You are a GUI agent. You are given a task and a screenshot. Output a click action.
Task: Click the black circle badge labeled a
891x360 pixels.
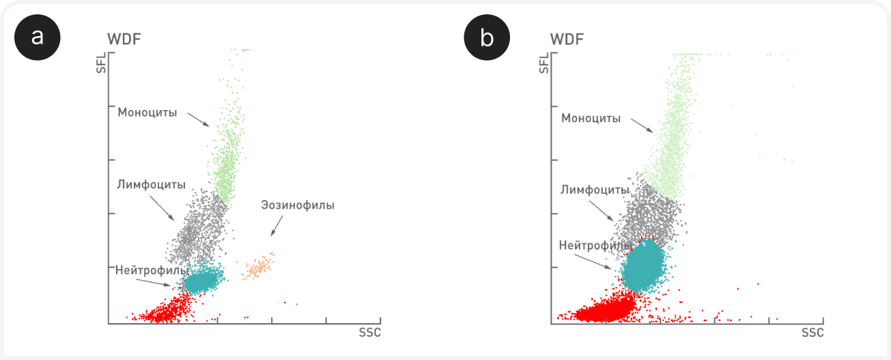[x=38, y=38]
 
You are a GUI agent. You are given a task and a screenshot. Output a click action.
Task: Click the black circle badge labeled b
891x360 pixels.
[x=487, y=38]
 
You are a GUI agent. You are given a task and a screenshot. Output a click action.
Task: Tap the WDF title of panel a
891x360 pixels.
[x=124, y=40]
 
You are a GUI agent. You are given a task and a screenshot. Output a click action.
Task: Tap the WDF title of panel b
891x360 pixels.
[x=567, y=40]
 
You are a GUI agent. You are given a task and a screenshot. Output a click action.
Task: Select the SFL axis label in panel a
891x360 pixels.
[x=102, y=63]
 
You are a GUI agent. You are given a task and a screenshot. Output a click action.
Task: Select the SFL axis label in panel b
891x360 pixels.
[x=543, y=63]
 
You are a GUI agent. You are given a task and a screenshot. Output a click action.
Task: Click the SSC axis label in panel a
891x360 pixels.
[x=370, y=333]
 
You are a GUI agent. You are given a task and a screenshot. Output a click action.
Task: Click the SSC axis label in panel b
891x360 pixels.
[x=812, y=333]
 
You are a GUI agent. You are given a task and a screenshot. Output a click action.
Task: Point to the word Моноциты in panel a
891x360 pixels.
[x=147, y=113]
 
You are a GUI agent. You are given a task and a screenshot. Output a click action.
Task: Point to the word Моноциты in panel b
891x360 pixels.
[x=591, y=118]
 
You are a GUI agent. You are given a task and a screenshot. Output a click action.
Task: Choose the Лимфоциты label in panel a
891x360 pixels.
[x=151, y=184]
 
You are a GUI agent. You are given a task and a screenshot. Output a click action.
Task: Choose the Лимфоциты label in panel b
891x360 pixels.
[x=595, y=190]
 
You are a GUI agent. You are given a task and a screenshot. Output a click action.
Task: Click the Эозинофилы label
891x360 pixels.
[x=298, y=205]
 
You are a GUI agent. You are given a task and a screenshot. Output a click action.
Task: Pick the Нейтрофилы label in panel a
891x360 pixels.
[x=152, y=271]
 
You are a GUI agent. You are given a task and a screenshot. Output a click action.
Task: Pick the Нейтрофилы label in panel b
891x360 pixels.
[x=595, y=245]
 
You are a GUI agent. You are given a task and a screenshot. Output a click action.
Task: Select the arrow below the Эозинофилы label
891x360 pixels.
[x=277, y=226]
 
